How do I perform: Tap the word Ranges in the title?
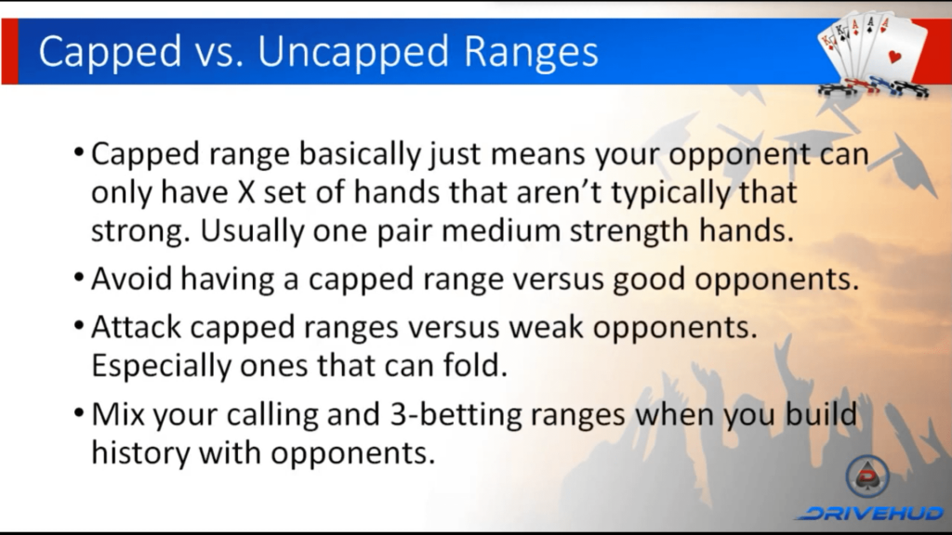[532, 53]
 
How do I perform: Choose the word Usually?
[251, 231]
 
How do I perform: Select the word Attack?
[136, 328]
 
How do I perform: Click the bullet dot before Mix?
[79, 413]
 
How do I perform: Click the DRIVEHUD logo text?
[871, 513]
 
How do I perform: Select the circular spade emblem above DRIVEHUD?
[867, 476]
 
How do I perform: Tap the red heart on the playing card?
[895, 58]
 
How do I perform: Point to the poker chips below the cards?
[873, 87]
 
